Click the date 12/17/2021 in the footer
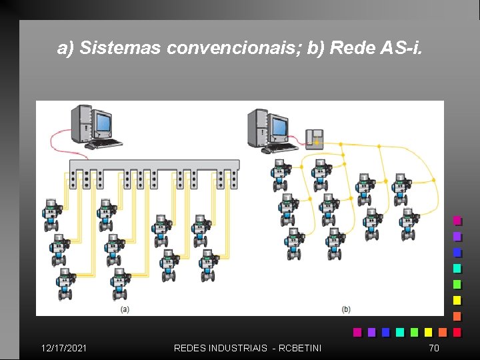tap(63, 347)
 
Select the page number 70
tap(434, 347)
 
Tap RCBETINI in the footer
tap(299, 347)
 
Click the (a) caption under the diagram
tap(125, 309)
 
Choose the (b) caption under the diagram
tap(346, 309)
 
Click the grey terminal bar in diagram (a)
tap(154, 165)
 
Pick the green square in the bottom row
tap(414, 331)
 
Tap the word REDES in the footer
tap(189, 347)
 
